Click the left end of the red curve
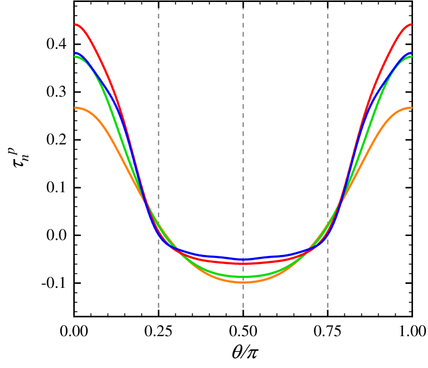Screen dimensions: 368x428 pyautogui.click(x=75, y=24)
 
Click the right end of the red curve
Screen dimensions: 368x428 pyautogui.click(x=412, y=24)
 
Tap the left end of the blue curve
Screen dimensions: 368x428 pyautogui.click(x=75, y=53)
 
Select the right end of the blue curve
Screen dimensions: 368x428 pyautogui.click(x=412, y=53)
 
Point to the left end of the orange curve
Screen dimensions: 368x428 pyautogui.click(x=75, y=108)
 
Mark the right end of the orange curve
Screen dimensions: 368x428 pyautogui.click(x=412, y=108)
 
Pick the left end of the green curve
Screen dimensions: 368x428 pyautogui.click(x=75, y=57)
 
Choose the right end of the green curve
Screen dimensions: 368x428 pyautogui.click(x=412, y=57)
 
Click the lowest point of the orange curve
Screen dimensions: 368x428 pyautogui.click(x=243, y=282)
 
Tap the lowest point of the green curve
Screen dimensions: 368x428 pyautogui.click(x=243, y=276)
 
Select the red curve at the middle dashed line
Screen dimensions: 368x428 pyautogui.click(x=243, y=263)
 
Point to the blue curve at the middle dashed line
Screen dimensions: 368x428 pyautogui.click(x=243, y=259)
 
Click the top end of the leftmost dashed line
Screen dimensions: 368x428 pyautogui.click(x=158, y=8)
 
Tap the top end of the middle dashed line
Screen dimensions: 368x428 pyautogui.click(x=243, y=8)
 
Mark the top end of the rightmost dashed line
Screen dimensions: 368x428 pyautogui.click(x=328, y=8)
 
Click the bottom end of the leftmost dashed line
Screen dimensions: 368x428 pyautogui.click(x=158, y=308)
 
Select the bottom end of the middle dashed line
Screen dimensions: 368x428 pyautogui.click(x=243, y=308)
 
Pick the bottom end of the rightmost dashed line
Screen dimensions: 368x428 pyautogui.click(x=328, y=308)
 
